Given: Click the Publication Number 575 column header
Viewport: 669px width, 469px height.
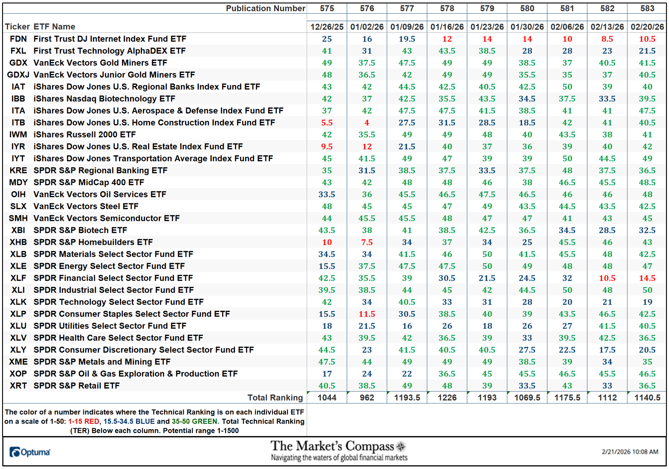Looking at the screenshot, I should (x=327, y=8).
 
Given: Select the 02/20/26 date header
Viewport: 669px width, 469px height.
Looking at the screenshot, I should (x=647, y=27).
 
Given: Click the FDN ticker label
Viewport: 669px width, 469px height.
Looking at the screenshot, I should (x=18, y=39).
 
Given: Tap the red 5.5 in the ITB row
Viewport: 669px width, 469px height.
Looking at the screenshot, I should (x=327, y=122).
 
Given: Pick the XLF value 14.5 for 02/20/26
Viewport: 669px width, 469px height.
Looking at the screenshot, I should (x=647, y=278).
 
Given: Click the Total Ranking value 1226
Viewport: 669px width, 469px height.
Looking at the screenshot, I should (x=447, y=398).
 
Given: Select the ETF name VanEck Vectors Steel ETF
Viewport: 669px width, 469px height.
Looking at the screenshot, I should (x=86, y=206).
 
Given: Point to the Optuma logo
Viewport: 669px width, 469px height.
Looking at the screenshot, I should (x=30, y=452).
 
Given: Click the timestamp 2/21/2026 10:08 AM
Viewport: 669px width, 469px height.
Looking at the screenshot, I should (x=630, y=452).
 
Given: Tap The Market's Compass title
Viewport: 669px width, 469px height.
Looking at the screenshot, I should (x=332, y=446).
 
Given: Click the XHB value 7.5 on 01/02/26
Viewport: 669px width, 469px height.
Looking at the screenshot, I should (x=367, y=242).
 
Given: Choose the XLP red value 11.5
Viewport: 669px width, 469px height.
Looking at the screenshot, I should (x=367, y=314).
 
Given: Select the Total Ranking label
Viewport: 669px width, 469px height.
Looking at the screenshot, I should (x=275, y=398).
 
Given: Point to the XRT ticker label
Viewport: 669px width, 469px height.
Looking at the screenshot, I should (x=18, y=386).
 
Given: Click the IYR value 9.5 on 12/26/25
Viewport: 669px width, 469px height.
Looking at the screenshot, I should (x=327, y=146).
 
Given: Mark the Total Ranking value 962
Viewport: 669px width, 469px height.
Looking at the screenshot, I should (x=367, y=398).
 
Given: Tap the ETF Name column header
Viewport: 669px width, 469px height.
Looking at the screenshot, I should (x=54, y=27).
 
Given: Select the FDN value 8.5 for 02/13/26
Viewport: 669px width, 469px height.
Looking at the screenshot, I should (x=607, y=39).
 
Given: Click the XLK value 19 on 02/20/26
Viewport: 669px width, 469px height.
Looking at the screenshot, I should (x=647, y=302).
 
